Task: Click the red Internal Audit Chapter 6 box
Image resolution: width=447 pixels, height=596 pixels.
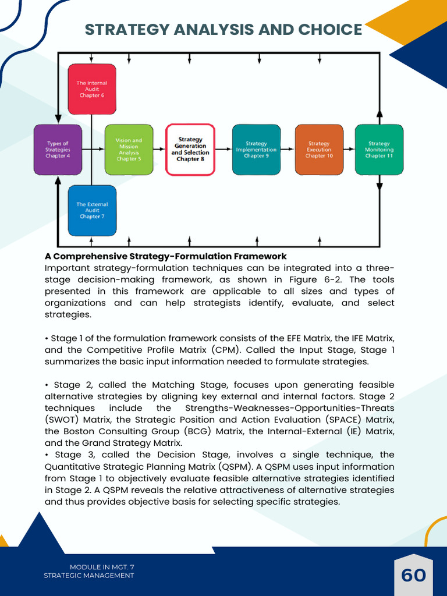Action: [x=92, y=88]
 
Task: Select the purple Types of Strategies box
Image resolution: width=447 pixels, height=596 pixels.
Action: [x=58, y=150]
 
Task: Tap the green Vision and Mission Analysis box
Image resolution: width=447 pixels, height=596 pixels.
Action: [x=129, y=150]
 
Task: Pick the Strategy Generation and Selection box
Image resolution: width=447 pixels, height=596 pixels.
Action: [x=190, y=150]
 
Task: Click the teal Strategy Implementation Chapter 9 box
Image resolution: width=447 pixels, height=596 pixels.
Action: [x=256, y=150]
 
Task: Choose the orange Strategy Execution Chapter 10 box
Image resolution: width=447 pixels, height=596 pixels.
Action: [x=319, y=150]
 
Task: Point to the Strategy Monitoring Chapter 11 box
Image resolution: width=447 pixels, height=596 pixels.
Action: [x=379, y=150]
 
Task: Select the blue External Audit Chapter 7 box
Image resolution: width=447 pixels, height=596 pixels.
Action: [x=92, y=211]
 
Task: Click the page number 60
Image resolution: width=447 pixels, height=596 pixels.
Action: [x=413, y=576]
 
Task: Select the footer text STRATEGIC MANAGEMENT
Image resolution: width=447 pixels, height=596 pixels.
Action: [x=89, y=576]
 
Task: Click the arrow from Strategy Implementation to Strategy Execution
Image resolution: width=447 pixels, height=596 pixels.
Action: [x=288, y=150]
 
